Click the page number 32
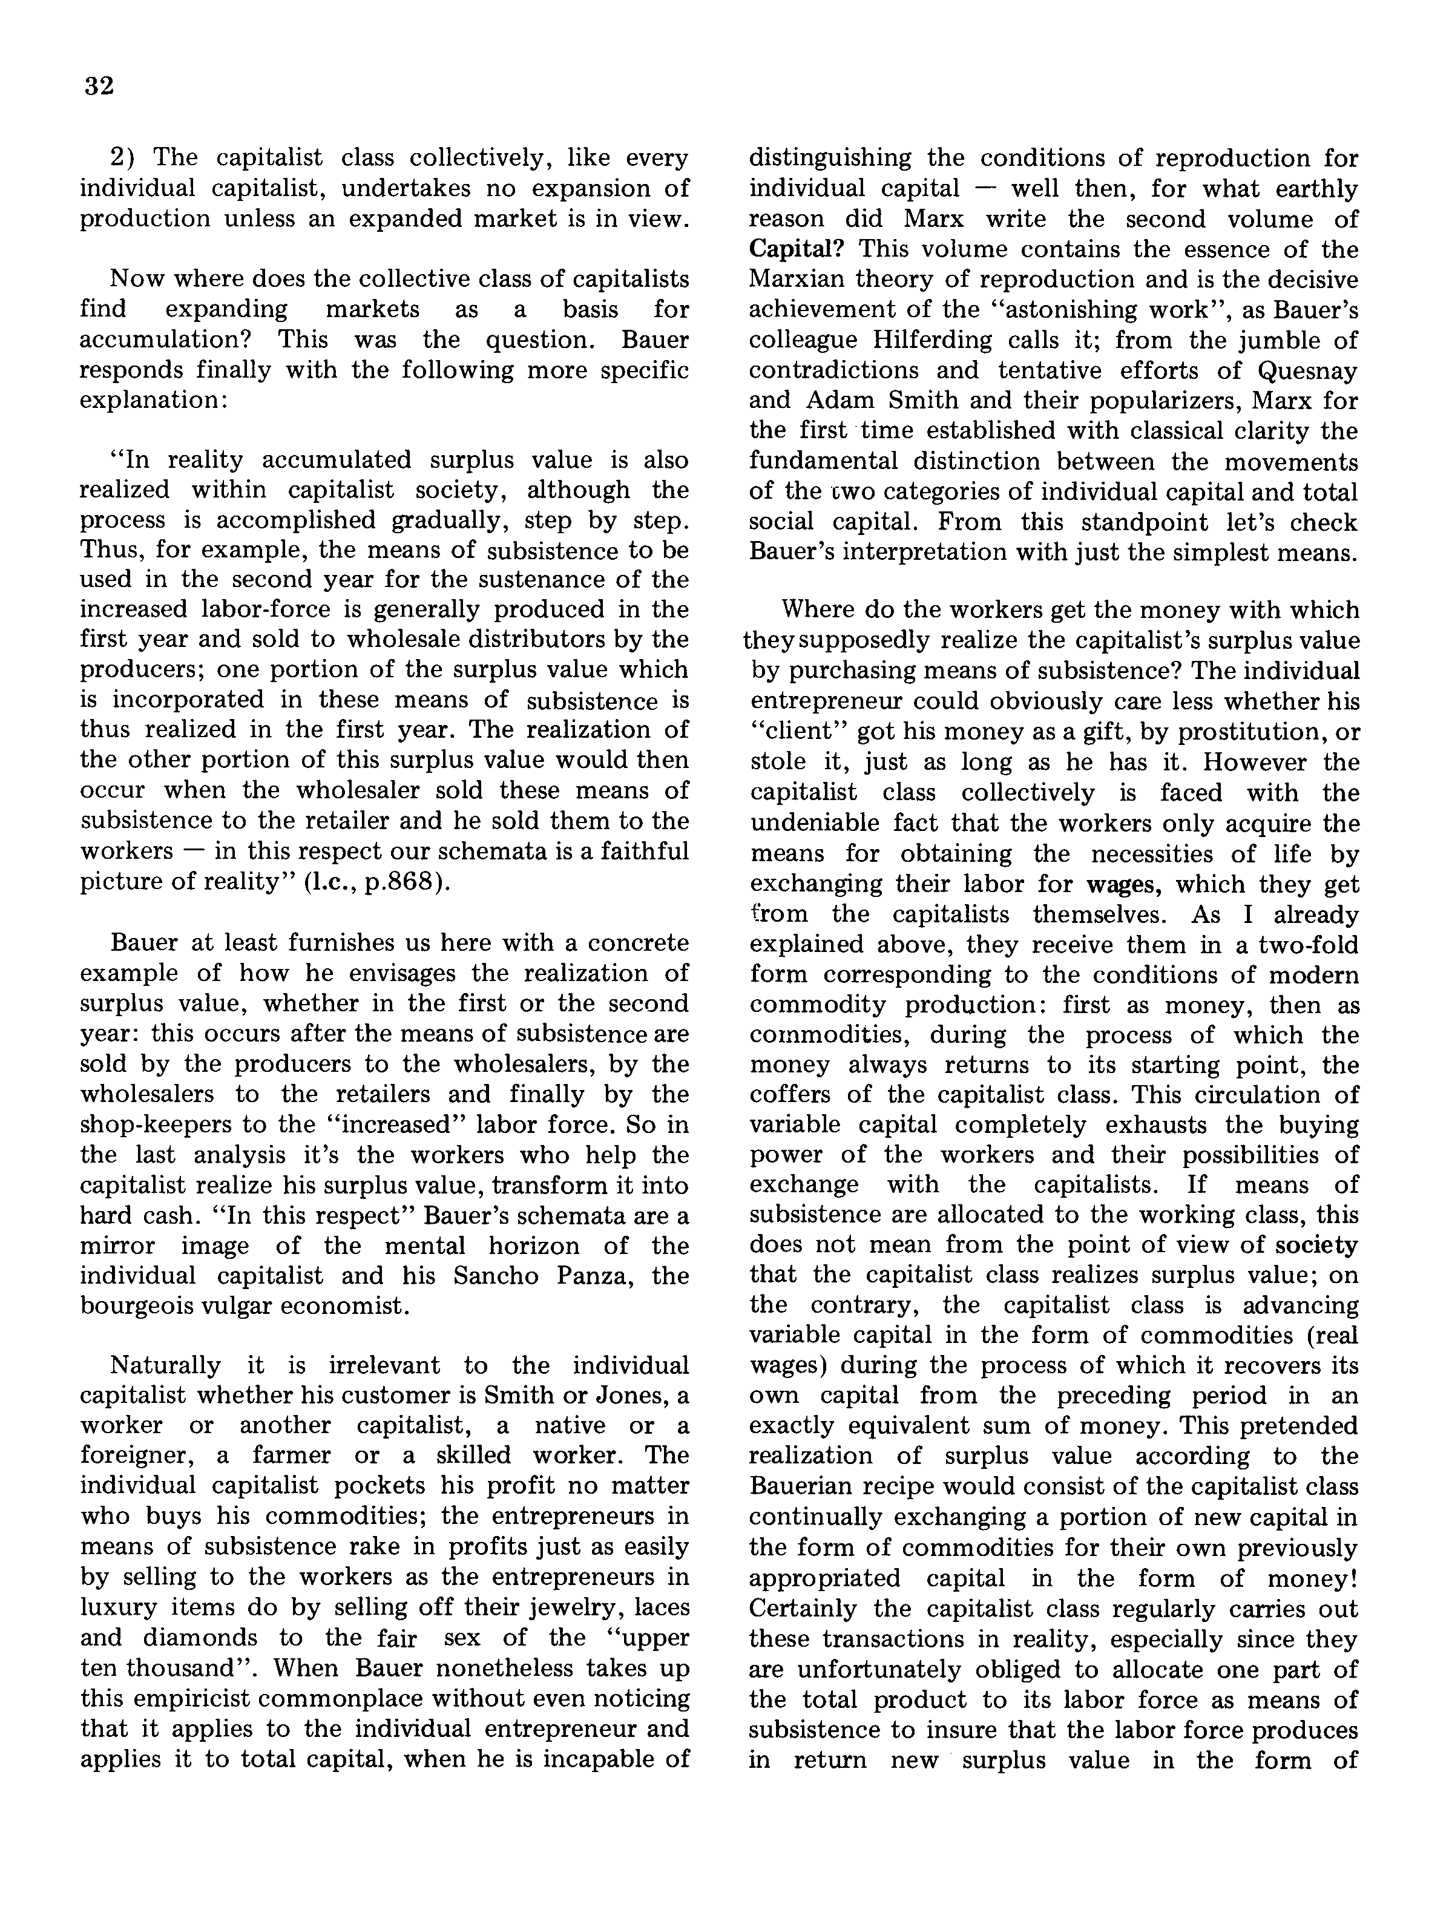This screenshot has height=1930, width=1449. [x=99, y=87]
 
